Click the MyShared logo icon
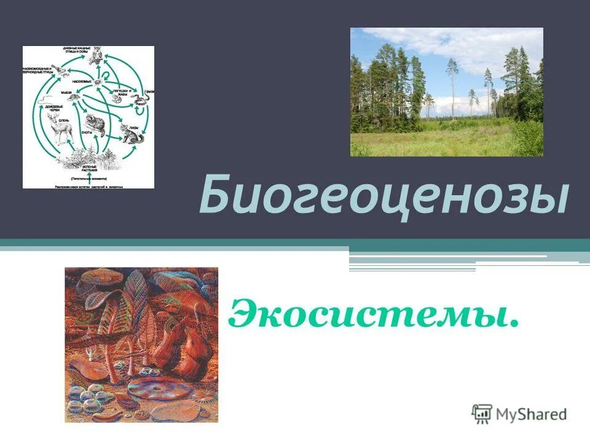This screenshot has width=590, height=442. pyautogui.click(x=482, y=414)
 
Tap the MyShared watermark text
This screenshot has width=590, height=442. pyautogui.click(x=532, y=415)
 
